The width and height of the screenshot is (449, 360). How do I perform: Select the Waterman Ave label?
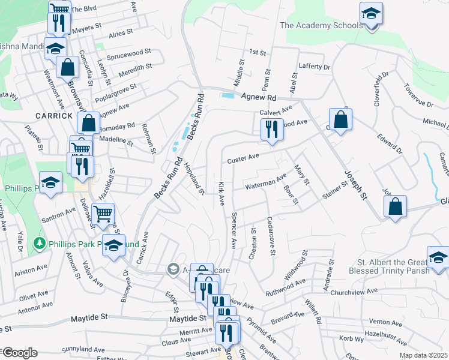coord(265,182)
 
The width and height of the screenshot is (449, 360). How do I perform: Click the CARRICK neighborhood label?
coord(53,115)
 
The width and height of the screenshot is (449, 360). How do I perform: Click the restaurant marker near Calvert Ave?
coord(271,128)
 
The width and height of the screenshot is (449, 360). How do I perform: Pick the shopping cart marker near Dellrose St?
coord(103,213)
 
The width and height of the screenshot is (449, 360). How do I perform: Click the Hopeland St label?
coord(195,179)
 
